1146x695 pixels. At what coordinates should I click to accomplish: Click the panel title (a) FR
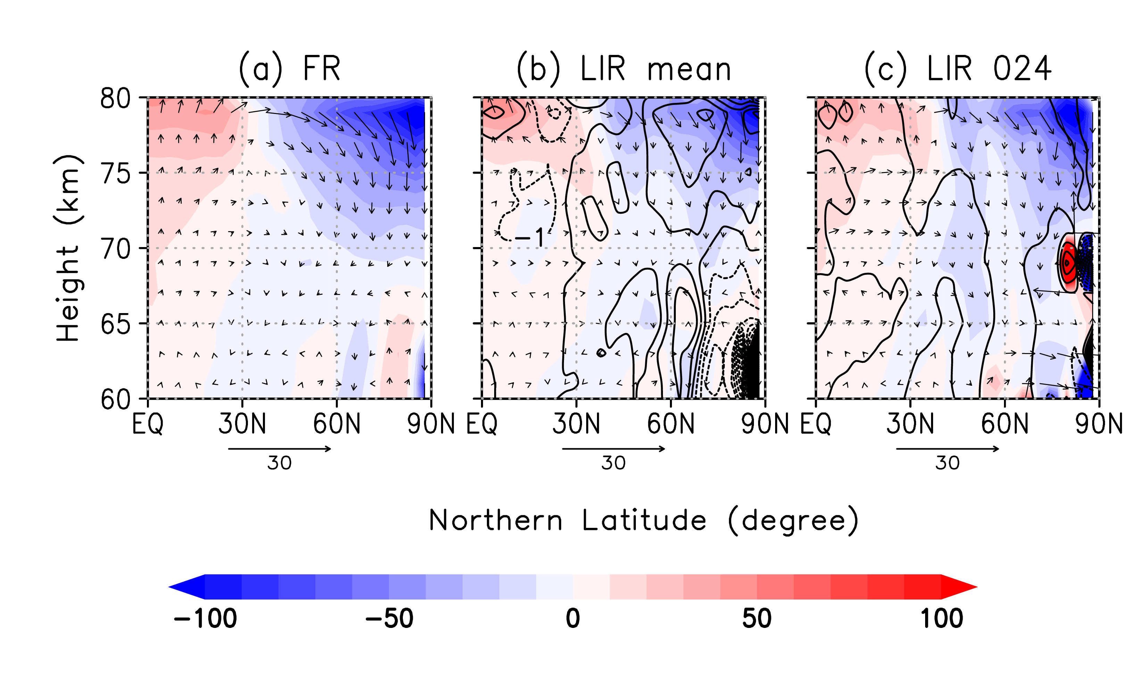289,69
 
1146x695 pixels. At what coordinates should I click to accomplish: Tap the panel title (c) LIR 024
958,69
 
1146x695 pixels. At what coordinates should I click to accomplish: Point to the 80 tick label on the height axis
115,99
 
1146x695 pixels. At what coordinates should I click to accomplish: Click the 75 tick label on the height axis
115,174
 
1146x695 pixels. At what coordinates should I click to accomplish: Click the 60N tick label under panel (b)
671,424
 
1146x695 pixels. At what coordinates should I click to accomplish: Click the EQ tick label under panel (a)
148,424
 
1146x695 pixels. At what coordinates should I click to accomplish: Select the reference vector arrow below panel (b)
614,449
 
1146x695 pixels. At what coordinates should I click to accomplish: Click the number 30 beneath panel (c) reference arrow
947,463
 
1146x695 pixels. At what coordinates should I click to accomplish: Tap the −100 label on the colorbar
205,619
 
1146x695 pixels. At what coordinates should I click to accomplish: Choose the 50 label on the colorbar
757,619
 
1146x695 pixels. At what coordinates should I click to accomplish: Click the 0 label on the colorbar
573,619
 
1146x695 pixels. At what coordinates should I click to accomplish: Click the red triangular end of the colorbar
958,587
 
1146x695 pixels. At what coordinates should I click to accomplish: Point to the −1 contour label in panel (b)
530,238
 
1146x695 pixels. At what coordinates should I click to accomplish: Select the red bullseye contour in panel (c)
1068,263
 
